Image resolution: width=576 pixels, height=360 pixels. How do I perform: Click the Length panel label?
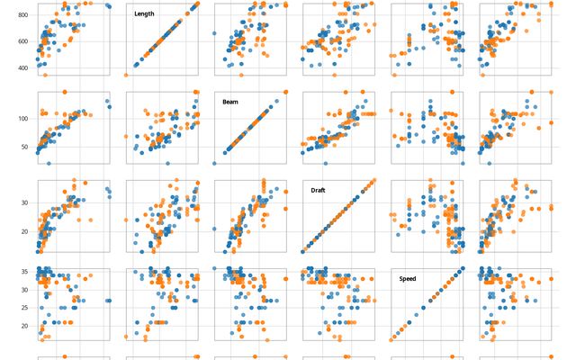click(144, 13)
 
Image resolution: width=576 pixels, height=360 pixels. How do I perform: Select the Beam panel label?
click(231, 102)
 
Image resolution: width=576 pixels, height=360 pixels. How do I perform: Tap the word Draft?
click(319, 191)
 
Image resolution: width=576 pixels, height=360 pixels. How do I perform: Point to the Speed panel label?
click(409, 279)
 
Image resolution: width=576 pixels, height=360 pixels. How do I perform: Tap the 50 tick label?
click(25, 146)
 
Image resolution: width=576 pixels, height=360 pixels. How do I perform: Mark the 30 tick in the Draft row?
click(25, 202)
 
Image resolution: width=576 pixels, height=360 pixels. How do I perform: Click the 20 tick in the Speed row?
click(25, 326)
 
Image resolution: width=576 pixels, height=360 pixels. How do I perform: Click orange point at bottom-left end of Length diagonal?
click(126, 75)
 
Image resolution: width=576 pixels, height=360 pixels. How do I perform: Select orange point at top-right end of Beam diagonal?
click(285, 92)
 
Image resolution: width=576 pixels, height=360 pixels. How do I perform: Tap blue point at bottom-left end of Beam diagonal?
click(214, 163)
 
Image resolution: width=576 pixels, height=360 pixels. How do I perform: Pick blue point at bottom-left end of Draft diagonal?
click(303, 251)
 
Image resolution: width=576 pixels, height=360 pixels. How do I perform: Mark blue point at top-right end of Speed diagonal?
click(463, 268)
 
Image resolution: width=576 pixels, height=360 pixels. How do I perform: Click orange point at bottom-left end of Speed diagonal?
click(391, 340)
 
